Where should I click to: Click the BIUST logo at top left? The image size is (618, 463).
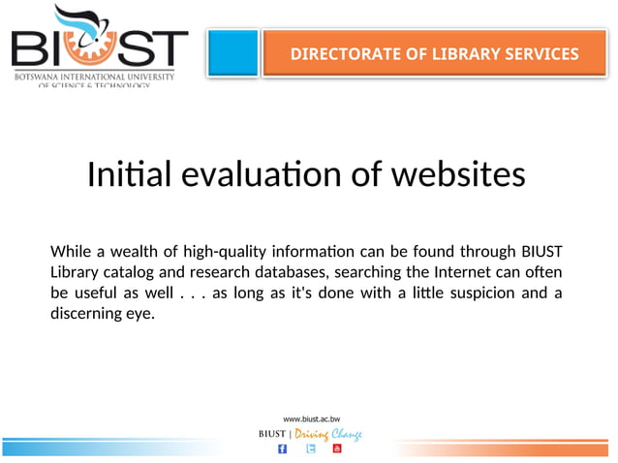(100, 46)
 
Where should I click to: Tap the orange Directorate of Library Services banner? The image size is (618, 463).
(434, 54)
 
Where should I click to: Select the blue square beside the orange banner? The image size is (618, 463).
(233, 53)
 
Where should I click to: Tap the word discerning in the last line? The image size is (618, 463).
(88, 313)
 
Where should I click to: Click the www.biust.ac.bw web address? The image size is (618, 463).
(311, 419)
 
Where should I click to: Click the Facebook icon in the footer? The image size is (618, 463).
(282, 448)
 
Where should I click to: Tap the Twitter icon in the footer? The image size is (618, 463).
(311, 448)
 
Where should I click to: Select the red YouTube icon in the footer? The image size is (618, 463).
(337, 448)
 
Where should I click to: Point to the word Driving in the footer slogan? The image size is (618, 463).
(310, 434)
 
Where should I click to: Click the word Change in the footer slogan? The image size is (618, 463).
(347, 434)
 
